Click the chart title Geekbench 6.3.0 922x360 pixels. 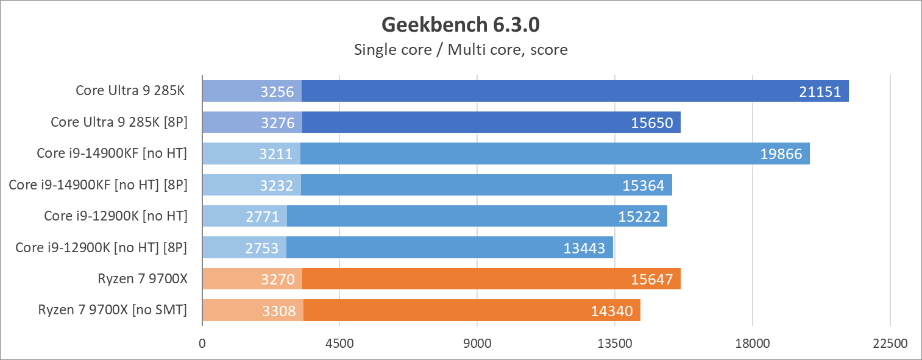click(461, 24)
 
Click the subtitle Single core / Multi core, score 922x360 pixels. click(461, 49)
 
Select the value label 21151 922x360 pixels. click(820, 92)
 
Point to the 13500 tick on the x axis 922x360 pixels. click(614, 343)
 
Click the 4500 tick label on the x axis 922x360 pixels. click(339, 343)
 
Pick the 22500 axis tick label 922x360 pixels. click(890, 343)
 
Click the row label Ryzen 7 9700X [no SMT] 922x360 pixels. click(112, 310)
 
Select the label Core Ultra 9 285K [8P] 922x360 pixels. click(119, 122)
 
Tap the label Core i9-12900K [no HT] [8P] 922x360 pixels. click(101, 247)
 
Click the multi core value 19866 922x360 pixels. click(781, 154)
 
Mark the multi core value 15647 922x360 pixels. click(651, 280)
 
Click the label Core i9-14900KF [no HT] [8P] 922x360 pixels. click(98, 185)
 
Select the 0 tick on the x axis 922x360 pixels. click(202, 343)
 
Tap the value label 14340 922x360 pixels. click(611, 311)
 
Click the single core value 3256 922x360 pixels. click(277, 92)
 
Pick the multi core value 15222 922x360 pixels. click(639, 216)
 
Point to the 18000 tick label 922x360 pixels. click(752, 343)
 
